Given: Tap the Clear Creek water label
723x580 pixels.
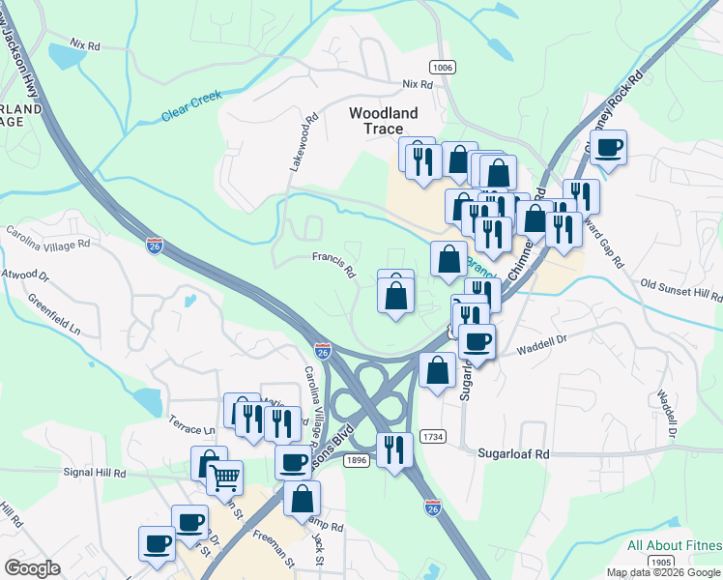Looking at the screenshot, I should point(191,105).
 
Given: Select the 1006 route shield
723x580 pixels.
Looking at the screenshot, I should point(443,66).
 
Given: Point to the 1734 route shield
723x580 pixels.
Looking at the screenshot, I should point(433,437).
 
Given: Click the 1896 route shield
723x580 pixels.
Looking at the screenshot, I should point(358,461).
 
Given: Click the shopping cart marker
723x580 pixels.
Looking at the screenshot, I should point(225,475).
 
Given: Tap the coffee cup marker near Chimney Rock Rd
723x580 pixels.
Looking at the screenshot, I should point(608,148).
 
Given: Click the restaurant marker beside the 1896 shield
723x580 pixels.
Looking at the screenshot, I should point(394,449).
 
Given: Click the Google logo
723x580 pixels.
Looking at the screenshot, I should point(32,568).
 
